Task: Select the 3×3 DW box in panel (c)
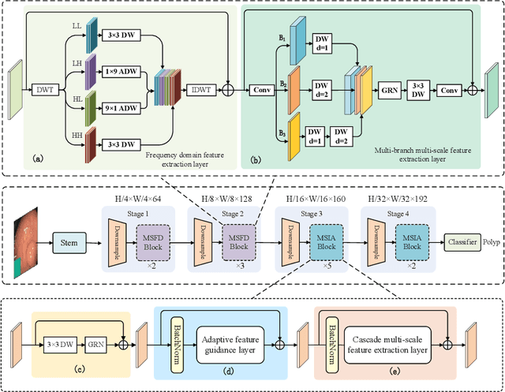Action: (x=64, y=344)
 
